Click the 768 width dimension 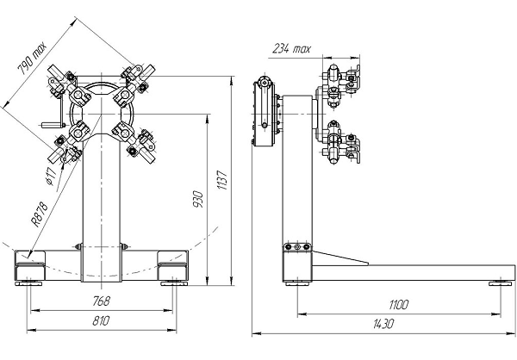tap(100, 301)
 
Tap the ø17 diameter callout tap(51, 177)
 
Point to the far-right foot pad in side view tap(501, 282)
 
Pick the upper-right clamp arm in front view tap(138, 77)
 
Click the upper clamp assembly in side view tap(343, 82)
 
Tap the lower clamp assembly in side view tap(343, 145)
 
